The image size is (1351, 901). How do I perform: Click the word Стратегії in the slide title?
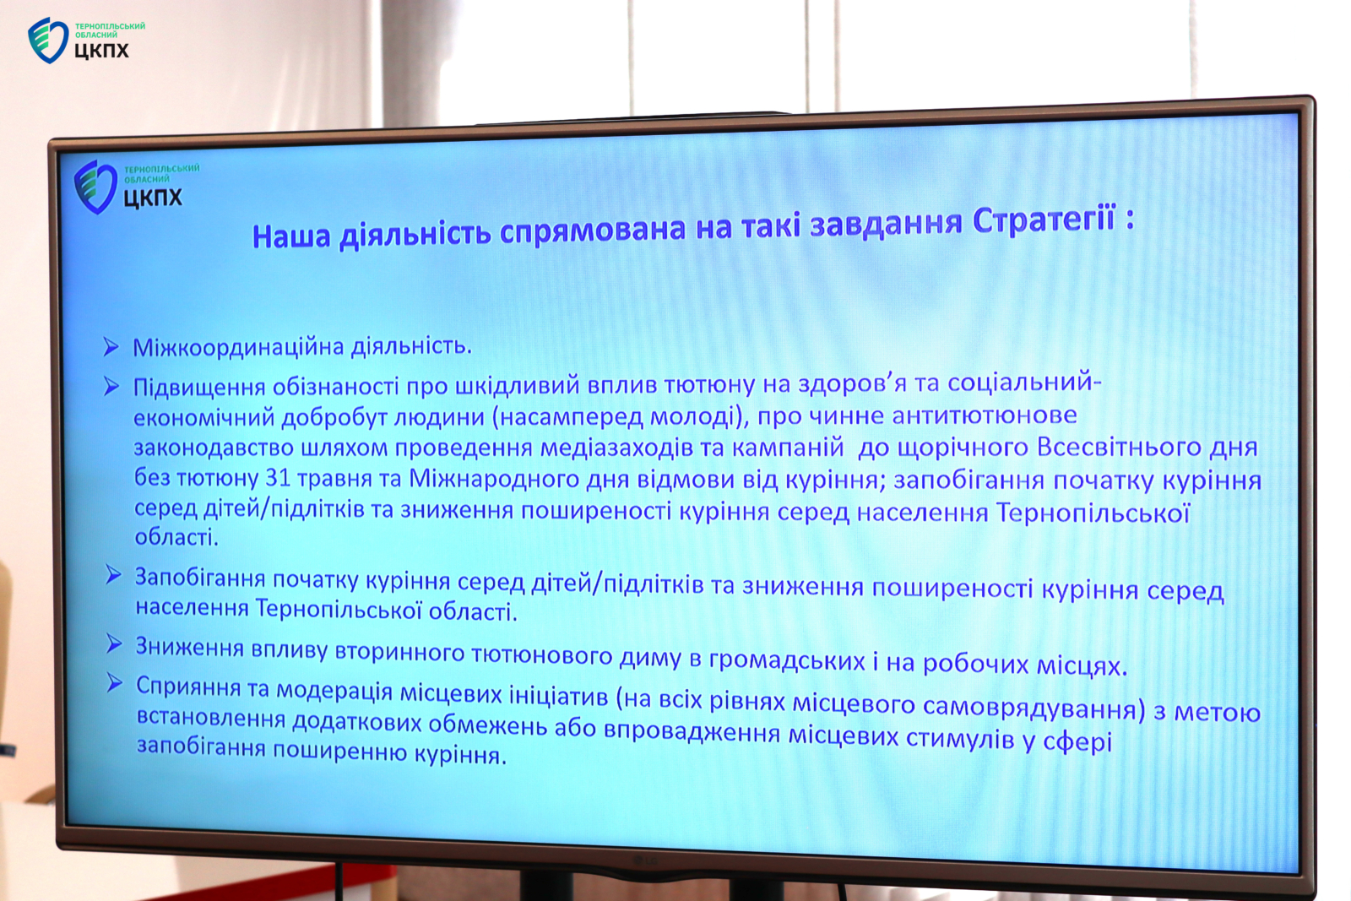(x=1044, y=220)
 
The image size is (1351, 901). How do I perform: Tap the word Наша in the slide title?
(x=291, y=236)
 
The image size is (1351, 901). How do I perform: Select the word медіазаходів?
(x=616, y=448)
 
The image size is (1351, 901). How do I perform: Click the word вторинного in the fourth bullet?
(x=399, y=652)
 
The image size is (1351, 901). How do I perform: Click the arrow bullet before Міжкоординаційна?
(x=111, y=347)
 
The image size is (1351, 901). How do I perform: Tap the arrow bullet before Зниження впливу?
(x=114, y=643)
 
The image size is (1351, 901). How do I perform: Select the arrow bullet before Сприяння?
(x=115, y=683)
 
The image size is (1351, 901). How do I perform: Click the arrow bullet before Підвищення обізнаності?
(x=111, y=386)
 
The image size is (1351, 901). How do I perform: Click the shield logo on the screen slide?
(x=95, y=187)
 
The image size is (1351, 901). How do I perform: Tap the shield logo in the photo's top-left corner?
(x=47, y=40)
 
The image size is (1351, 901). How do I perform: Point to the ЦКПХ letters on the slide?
(x=153, y=198)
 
